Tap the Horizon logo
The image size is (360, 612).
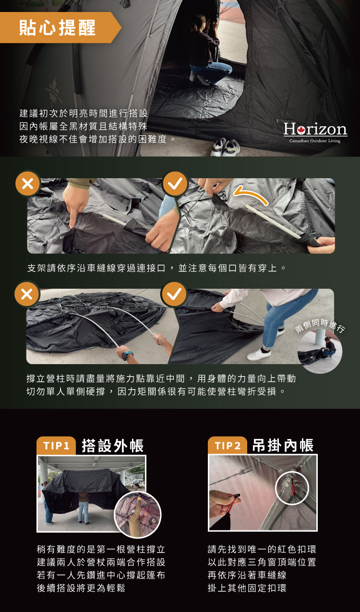pos(315,129)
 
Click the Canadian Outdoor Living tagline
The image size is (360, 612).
pos(315,141)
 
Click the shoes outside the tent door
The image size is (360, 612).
pos(225,147)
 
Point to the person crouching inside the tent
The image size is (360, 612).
pos(207,49)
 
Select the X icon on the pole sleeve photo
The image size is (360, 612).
pos(27,184)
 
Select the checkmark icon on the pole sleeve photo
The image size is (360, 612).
pos(175,184)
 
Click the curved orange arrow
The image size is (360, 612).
pos(251,194)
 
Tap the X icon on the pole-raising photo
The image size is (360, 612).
pos(27,294)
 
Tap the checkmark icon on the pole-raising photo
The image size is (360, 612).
pos(174,294)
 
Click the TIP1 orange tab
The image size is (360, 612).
pos(56,446)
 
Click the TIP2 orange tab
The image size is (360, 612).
pos(228,446)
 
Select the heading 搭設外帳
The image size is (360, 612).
pos(112,446)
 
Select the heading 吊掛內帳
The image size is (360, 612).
pos(283,445)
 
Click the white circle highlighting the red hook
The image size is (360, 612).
pos(292,472)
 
